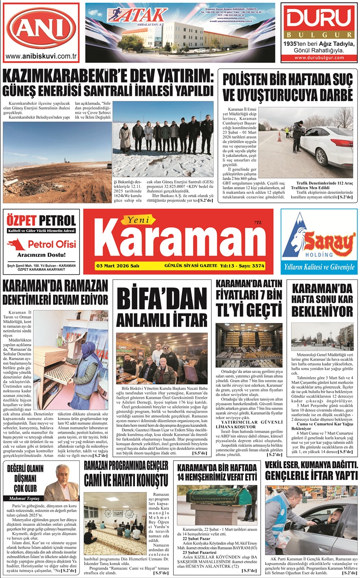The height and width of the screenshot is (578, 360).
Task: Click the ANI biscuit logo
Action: [x=41, y=28]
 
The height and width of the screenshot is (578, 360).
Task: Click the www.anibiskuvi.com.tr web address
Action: [x=41, y=57]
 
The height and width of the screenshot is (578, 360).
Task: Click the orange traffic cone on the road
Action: [x=279, y=137]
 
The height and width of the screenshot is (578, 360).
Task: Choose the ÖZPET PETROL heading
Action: [x=41, y=220]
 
